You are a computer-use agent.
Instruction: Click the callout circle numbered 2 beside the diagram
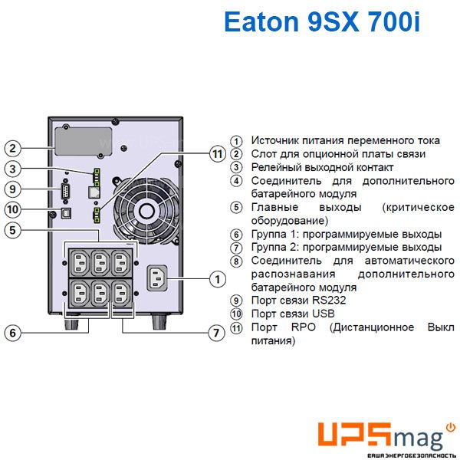12,148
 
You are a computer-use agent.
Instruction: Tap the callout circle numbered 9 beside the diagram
12,189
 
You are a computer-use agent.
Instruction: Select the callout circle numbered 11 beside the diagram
218,154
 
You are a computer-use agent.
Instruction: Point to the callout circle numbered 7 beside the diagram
216,333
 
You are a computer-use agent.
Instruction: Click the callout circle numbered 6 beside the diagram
12,333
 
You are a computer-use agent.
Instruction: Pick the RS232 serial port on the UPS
66,191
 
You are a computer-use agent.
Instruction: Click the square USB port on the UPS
66,212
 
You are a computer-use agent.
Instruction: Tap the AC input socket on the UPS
157,278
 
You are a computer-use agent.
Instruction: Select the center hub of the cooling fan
146,210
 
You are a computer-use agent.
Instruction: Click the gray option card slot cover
84,141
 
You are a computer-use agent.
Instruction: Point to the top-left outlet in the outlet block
80,262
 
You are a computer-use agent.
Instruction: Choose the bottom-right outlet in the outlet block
120,293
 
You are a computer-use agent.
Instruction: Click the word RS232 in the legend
329,301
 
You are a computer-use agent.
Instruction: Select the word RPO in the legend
304,327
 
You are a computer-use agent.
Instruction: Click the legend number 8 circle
236,261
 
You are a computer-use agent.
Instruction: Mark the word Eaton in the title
261,21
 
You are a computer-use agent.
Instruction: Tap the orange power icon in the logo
451,428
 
